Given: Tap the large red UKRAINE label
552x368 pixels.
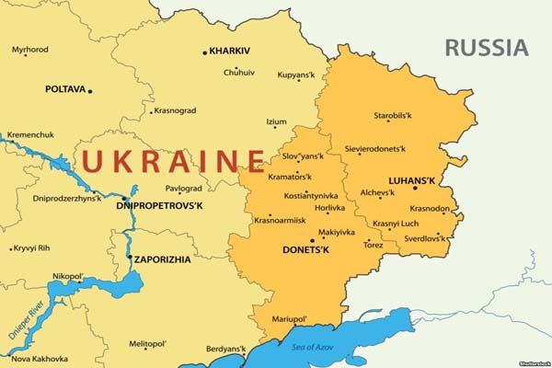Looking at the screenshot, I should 173,160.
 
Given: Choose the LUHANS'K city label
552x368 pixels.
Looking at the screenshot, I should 385,179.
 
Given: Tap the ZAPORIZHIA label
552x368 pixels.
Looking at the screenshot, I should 163,259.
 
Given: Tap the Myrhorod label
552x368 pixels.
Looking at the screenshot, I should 30,50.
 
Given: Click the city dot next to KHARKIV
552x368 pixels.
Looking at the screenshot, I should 205,52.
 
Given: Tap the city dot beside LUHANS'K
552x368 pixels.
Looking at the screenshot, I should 415,188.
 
